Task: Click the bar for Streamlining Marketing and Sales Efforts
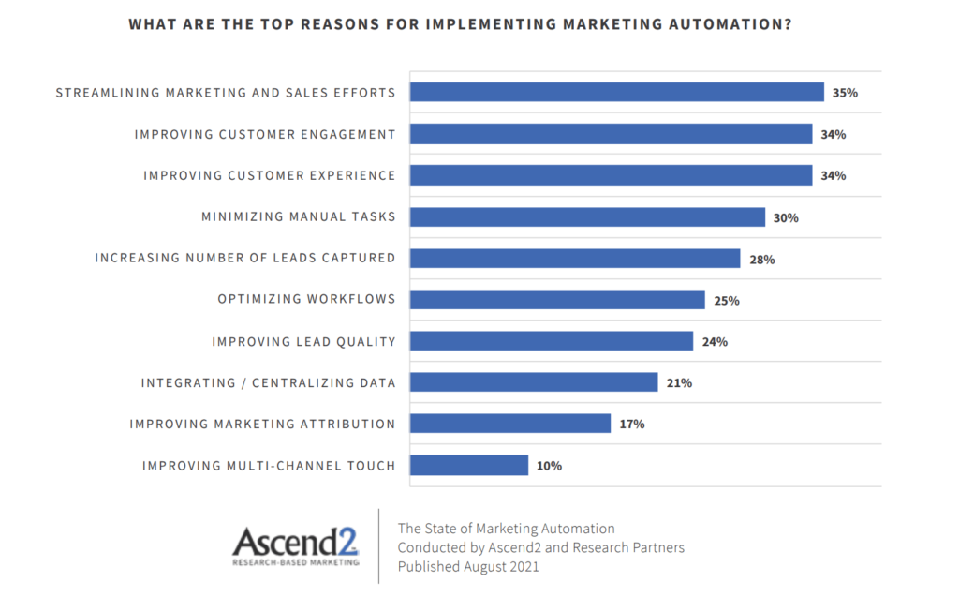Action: point(616,92)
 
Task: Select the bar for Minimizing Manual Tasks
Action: point(587,216)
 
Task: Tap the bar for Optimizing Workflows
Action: point(557,300)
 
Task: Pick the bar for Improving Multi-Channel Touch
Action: point(469,465)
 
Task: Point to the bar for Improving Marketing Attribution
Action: point(510,424)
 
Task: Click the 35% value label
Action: point(845,93)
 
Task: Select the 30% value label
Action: point(786,217)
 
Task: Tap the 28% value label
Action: point(761,259)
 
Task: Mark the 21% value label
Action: point(680,382)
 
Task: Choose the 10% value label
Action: point(550,465)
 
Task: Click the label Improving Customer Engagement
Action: point(265,134)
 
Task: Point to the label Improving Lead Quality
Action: point(303,341)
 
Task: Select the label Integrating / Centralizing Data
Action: point(269,382)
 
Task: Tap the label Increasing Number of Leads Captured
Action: point(245,258)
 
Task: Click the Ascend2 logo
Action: point(296,546)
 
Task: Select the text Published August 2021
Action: point(468,567)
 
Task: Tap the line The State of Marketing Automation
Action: point(507,529)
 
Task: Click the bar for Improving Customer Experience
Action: point(611,175)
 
